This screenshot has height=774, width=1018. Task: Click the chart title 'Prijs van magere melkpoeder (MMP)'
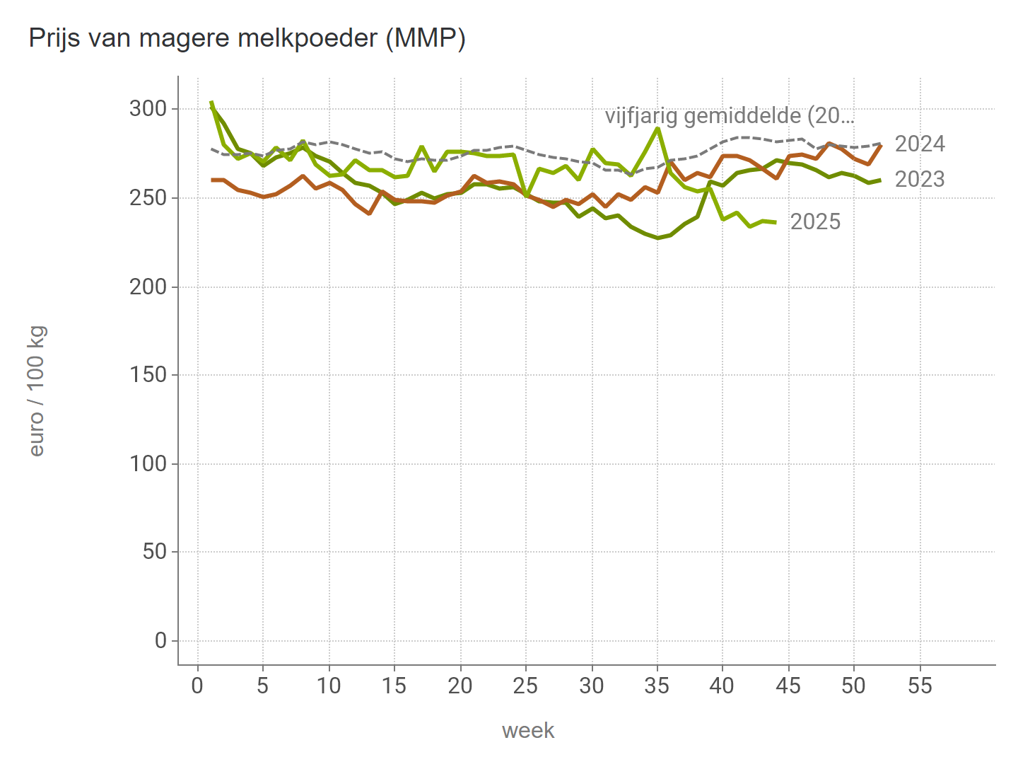click(247, 38)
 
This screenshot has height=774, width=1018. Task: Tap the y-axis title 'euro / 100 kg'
click(37, 391)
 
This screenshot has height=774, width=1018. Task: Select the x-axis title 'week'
click(527, 730)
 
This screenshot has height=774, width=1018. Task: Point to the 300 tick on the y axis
click(148, 109)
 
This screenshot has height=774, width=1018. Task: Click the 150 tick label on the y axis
click(148, 375)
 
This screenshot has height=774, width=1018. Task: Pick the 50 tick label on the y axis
click(154, 552)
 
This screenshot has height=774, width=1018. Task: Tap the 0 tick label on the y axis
click(160, 640)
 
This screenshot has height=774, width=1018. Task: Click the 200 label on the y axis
click(148, 287)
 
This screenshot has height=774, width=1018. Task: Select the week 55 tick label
click(920, 686)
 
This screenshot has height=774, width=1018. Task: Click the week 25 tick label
click(526, 686)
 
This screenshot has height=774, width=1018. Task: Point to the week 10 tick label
click(329, 686)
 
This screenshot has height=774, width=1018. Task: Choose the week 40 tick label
click(722, 686)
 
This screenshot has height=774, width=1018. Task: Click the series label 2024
click(919, 144)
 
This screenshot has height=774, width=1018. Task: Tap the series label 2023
click(919, 180)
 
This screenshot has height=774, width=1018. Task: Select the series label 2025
click(815, 222)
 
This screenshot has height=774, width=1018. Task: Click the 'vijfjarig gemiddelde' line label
click(730, 116)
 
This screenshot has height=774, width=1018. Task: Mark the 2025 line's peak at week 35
click(657, 128)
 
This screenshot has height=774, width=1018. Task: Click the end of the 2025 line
click(776, 222)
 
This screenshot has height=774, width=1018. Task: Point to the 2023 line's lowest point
click(657, 238)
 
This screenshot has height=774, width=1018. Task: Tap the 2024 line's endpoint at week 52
click(880, 145)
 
